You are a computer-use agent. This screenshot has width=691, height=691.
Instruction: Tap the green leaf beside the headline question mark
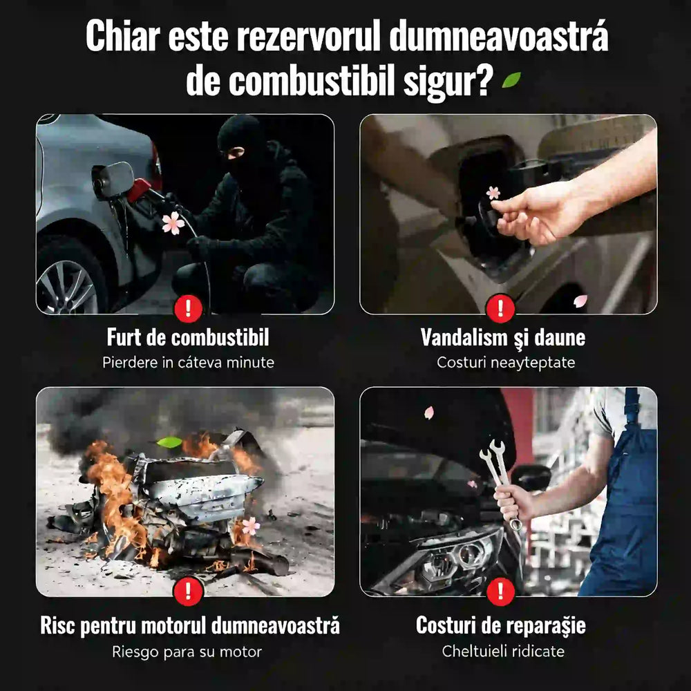click(511, 79)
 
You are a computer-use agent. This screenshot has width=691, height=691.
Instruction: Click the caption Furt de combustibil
click(188, 338)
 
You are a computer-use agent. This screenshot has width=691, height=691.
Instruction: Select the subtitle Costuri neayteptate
click(506, 363)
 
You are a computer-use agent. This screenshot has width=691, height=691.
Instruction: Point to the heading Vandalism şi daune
click(503, 338)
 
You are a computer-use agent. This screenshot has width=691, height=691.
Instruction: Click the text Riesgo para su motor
click(187, 652)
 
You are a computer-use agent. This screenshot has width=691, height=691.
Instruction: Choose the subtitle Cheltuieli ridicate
click(503, 651)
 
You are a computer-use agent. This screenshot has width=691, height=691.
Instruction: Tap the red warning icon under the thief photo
click(188, 308)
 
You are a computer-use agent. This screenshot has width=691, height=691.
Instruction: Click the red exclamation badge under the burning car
click(188, 591)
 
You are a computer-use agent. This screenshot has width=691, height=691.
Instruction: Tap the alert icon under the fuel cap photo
click(500, 308)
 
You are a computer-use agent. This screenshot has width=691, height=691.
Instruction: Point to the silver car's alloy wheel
click(67, 287)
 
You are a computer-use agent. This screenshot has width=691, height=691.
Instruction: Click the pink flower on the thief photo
click(173, 223)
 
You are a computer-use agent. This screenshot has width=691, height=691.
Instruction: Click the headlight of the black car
click(458, 559)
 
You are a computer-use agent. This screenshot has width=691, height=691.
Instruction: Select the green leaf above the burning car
click(169, 442)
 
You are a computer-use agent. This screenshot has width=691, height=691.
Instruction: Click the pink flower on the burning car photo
click(251, 526)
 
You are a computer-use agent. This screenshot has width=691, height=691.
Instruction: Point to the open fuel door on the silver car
click(113, 180)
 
